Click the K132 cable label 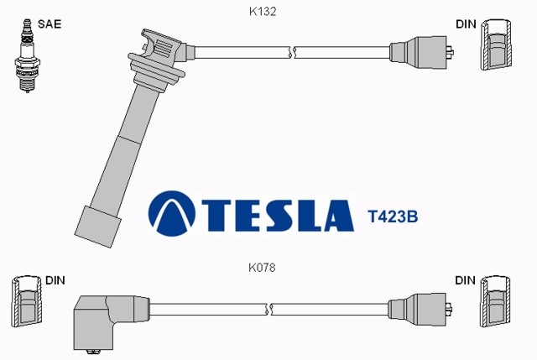pos(263,12)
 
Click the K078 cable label pos(262,268)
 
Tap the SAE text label pos(50,24)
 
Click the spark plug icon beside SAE pos(27,56)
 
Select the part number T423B pos(393,217)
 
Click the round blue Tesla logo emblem pos(171,213)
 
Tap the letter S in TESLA pos(278,216)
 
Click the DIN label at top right pos(466,24)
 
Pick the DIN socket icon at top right pos(495,44)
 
